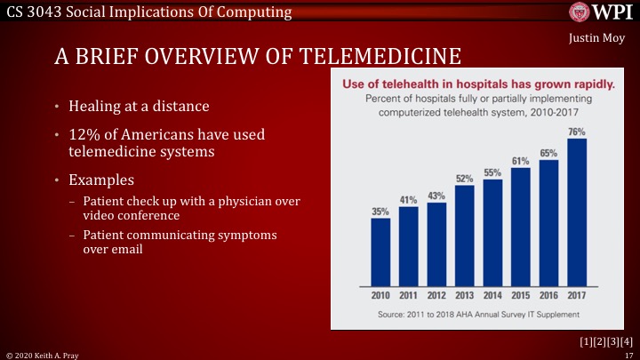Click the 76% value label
click(x=577, y=132)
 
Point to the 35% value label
click(x=380, y=212)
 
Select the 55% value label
click(x=493, y=172)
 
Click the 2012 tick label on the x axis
click(x=436, y=293)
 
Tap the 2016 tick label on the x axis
click(x=548, y=293)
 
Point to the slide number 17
click(x=628, y=354)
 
